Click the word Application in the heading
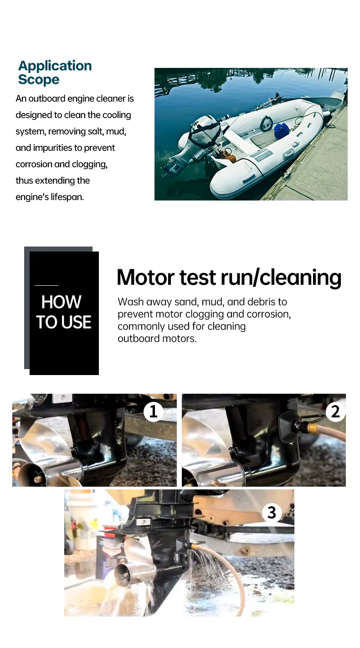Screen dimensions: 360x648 (55, 66)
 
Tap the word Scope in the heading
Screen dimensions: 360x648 (39, 79)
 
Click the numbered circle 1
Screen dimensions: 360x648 (153, 411)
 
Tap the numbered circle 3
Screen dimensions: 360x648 (272, 512)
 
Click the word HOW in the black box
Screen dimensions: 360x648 (61, 302)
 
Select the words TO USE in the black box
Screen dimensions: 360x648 (64, 322)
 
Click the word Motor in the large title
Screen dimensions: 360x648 (145, 277)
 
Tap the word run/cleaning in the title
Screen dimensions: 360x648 (281, 278)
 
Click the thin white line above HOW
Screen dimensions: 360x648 (46, 286)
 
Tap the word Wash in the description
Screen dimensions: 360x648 (130, 302)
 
